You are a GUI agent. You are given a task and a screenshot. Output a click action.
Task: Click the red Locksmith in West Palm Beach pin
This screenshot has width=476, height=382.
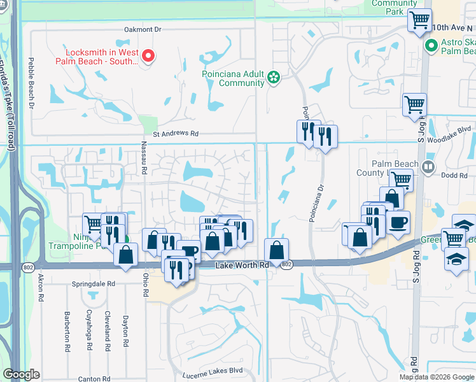tap(148, 57)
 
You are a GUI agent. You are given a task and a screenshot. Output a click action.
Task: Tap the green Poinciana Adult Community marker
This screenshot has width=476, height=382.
tap(274, 78)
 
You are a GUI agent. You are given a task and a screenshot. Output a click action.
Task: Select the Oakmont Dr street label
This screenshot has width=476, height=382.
tap(144, 29)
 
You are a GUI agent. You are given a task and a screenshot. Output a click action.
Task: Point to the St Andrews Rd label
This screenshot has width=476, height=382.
tap(176, 134)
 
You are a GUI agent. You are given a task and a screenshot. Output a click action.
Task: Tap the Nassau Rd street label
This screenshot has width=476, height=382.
tap(144, 162)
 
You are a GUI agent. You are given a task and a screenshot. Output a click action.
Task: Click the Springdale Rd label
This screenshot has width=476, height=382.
tap(94, 283)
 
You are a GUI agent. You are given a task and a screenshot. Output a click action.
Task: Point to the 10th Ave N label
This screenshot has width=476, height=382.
tap(453, 28)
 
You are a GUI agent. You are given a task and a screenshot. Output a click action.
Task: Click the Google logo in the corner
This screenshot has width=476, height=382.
tap(21, 374)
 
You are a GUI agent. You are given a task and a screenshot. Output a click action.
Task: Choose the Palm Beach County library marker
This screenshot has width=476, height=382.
tap(428, 168)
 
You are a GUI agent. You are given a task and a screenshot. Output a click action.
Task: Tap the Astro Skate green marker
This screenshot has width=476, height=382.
tap(431, 46)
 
